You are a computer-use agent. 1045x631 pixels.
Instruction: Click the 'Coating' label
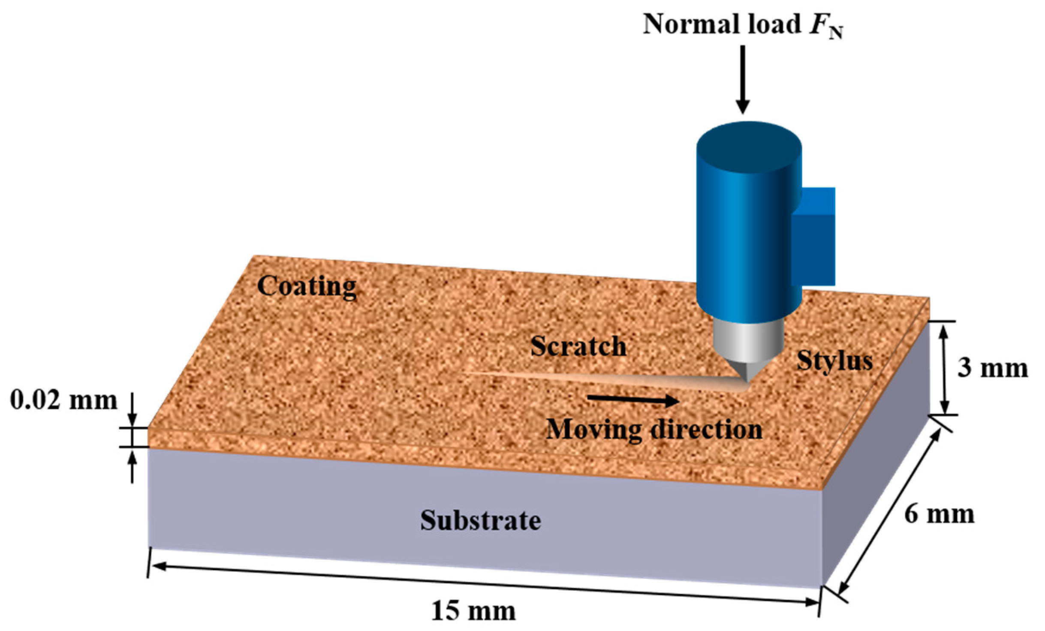307,286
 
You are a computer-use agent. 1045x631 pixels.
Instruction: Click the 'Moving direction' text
654,430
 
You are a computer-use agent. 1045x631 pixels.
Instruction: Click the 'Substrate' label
480,520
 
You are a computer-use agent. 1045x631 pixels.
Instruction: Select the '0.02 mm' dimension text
63,401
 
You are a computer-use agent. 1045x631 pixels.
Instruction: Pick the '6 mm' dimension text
939,514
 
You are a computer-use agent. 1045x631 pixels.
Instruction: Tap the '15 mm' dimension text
473,611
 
